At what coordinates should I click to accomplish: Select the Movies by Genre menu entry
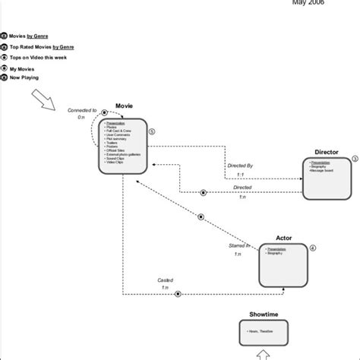[31, 36]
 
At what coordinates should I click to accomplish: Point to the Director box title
[326, 153]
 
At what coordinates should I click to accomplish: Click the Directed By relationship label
[241, 165]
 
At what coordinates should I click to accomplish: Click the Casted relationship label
[166, 279]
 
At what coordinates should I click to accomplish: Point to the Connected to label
[82, 110]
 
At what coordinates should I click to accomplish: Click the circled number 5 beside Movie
[152, 131]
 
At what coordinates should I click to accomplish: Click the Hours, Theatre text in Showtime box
[260, 331]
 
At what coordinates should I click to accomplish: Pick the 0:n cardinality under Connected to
[82, 118]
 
